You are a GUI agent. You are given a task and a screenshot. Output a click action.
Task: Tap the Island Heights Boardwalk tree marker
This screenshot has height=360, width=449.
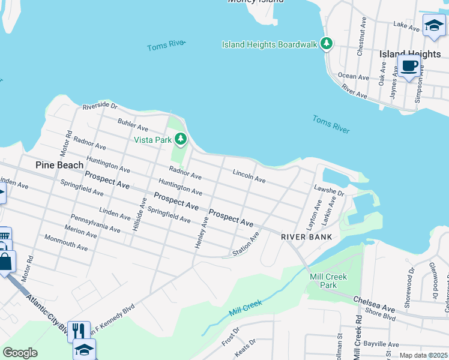(x=327, y=43)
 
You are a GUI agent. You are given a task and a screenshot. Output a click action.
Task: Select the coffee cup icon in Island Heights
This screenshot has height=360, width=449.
(x=409, y=65)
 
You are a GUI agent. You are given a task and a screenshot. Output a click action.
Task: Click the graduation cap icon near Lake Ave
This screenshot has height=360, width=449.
(x=433, y=24)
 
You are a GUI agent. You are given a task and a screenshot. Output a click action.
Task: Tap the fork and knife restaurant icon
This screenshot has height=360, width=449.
(x=79, y=330)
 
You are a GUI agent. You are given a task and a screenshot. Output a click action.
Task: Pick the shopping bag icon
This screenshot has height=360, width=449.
(x=5, y=262)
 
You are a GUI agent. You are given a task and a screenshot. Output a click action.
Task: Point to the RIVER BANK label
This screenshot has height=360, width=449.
(x=307, y=237)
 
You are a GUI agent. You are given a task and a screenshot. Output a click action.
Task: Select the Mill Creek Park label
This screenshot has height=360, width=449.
(x=324, y=281)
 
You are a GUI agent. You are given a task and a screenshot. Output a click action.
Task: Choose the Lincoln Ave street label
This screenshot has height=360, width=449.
(x=249, y=176)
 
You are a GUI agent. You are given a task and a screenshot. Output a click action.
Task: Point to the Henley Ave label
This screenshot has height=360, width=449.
(x=201, y=234)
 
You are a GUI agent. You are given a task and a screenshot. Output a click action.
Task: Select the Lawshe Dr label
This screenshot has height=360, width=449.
(x=328, y=191)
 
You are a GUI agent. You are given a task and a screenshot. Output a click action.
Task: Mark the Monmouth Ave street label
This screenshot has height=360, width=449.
(x=66, y=242)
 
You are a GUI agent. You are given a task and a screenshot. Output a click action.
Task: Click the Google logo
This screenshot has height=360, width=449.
(x=20, y=353)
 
